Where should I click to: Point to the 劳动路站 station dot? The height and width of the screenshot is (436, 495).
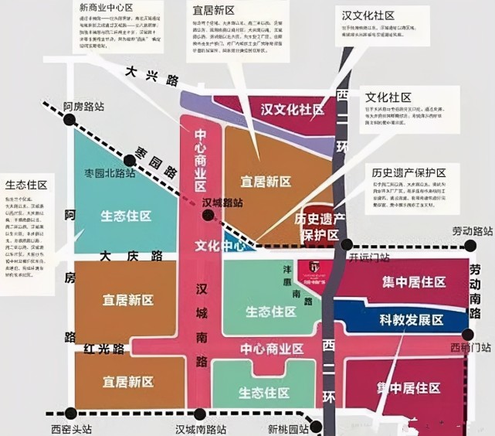(x=470, y=246)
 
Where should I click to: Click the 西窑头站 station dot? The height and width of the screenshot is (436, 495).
(x=71, y=413)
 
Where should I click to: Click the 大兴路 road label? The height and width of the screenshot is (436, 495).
(x=151, y=75)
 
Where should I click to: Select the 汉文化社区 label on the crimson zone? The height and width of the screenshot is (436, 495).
(x=292, y=110)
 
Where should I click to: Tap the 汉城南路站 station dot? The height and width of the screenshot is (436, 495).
(x=201, y=414)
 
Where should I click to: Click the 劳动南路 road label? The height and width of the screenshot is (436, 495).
(x=474, y=291)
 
